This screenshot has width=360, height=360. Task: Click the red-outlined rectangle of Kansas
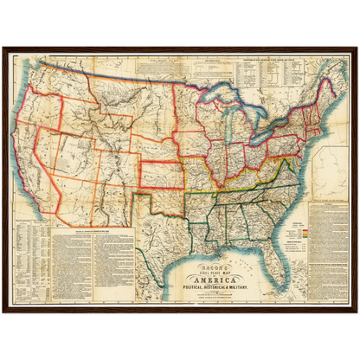coord(162,170)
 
